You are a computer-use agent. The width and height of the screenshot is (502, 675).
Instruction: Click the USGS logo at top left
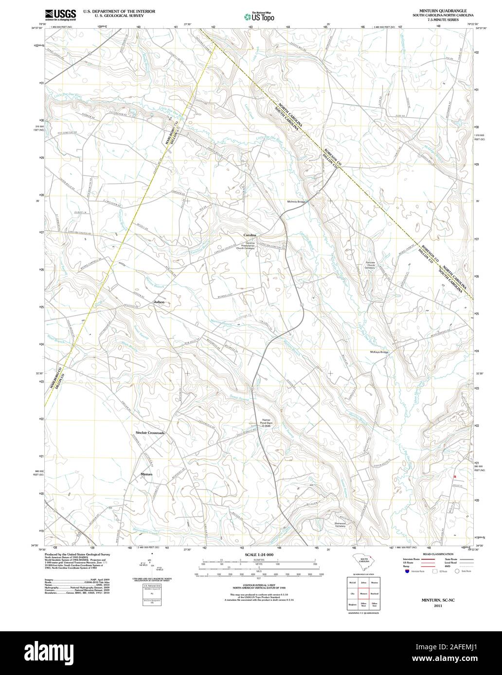60,15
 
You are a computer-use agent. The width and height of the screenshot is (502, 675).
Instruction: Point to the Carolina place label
250,235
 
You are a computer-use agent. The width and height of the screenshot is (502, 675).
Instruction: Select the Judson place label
159,302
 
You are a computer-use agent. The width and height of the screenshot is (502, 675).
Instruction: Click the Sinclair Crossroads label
150,432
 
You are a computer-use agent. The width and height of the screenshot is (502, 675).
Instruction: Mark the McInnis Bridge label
296,202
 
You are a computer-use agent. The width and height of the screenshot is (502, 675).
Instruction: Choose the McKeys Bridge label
379,352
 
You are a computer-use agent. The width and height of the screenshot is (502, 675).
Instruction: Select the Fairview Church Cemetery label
370,265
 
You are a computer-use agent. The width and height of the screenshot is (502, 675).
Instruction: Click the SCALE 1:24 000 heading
259,555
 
